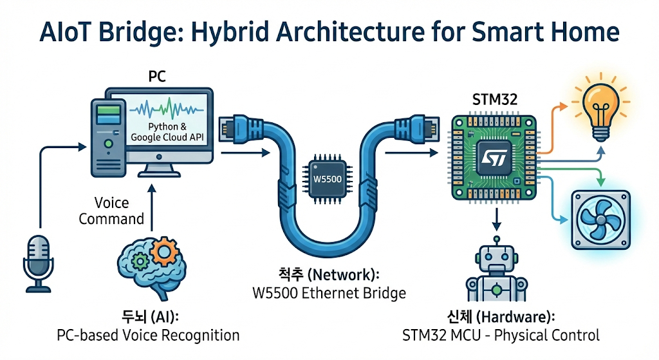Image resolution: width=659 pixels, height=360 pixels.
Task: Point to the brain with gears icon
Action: [144, 261]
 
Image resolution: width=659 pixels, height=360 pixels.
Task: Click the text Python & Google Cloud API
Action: [171, 133]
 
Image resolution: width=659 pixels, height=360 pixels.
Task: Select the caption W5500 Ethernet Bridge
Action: [329, 293]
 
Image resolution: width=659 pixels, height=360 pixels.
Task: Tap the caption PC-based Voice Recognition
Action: [148, 335]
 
